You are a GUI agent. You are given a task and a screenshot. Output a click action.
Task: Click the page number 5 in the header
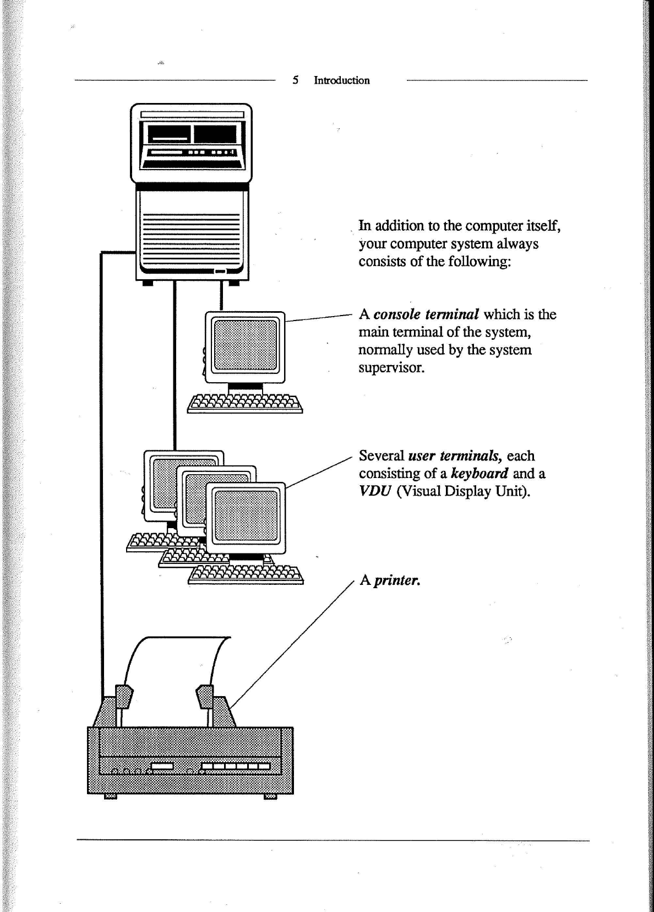pos(296,80)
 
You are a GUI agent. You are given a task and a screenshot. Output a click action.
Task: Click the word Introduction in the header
pos(341,80)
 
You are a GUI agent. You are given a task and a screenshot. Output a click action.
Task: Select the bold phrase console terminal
pos(426,314)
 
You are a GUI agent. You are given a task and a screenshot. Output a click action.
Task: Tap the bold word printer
pos(397,580)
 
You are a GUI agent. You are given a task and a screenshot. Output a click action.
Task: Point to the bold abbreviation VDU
pos(374,491)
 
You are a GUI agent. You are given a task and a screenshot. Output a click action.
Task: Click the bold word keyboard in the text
pos(479,474)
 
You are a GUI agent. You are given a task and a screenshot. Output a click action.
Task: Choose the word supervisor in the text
pos(391,367)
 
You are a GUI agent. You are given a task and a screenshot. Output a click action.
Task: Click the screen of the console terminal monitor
pos(246,345)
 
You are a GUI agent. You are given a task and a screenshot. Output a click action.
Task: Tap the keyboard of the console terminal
pos(245,404)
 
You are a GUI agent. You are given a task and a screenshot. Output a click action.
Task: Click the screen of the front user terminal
pos(246,515)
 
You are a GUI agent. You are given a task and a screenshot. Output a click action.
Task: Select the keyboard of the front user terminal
pos(246,575)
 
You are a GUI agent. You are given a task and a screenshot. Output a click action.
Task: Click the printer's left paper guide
pos(123,696)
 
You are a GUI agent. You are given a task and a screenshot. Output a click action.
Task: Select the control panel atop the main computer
pos(190,141)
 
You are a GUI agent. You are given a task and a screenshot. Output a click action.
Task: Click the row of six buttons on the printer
pos(236,766)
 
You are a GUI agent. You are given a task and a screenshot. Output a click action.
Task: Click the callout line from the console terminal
pos(318,317)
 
